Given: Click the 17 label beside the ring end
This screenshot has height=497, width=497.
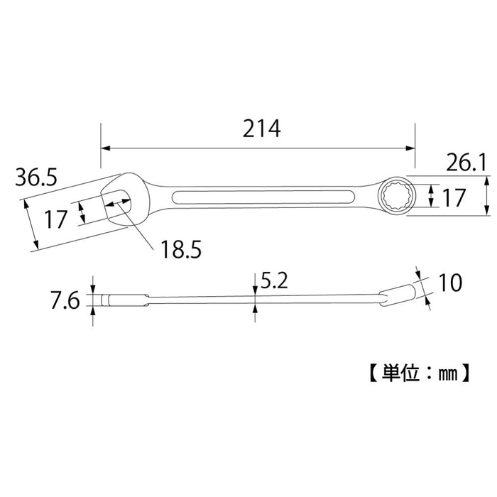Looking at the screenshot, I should click(x=454, y=197).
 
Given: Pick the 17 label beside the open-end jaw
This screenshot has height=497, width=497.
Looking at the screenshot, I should click(x=56, y=219).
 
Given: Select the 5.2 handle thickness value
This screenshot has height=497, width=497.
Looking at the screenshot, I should click(x=273, y=282).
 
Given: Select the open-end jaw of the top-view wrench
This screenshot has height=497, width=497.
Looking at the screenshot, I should click(x=117, y=199).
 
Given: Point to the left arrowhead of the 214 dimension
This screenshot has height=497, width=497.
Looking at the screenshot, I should click(x=105, y=149).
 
